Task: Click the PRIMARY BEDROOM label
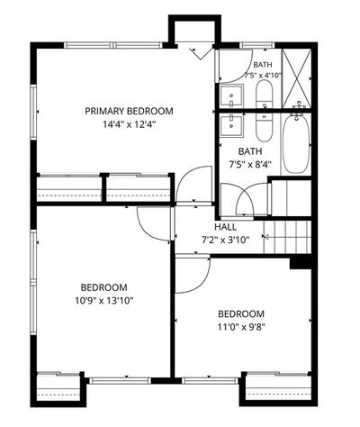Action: [x=129, y=111]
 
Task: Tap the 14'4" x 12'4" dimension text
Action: [x=129, y=124]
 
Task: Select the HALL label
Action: [x=225, y=227]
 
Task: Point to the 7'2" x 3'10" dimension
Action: [x=225, y=240]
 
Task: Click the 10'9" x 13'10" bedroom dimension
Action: [x=104, y=300]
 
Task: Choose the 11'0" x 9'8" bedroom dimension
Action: [x=241, y=327]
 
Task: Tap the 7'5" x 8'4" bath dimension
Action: [x=250, y=165]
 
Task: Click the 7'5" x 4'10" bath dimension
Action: [x=263, y=76]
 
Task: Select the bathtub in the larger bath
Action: [x=296, y=143]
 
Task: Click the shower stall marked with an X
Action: [x=297, y=78]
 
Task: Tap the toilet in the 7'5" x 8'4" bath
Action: [x=265, y=127]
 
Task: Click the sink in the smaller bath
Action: [x=231, y=95]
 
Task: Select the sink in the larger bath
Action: [x=231, y=125]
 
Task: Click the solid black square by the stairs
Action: [x=301, y=263]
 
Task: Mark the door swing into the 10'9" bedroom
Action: [x=147, y=228]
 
